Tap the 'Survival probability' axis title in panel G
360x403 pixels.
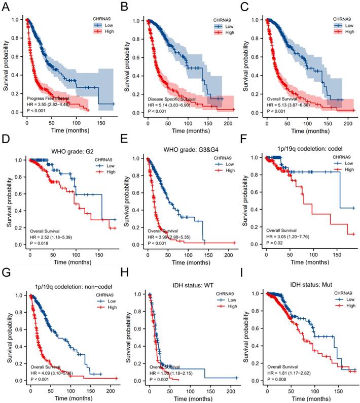coord(6,337)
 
